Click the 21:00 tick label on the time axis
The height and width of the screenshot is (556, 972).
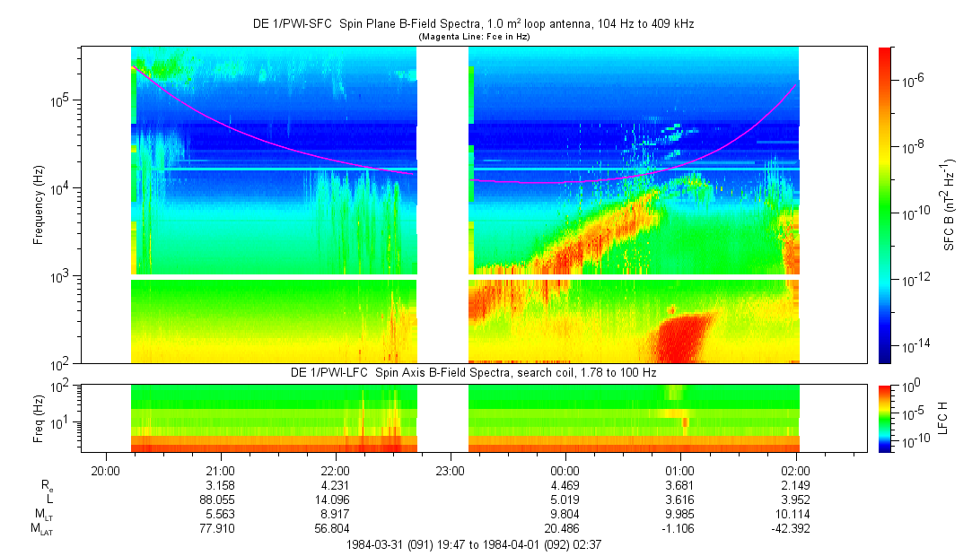(221, 469)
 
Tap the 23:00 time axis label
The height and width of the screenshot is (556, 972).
(450, 469)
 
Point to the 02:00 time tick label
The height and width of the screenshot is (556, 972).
(795, 469)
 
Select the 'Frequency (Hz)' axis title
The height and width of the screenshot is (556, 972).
(39, 205)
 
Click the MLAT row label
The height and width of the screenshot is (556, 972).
(41, 529)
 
